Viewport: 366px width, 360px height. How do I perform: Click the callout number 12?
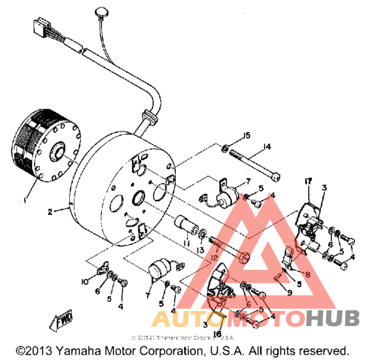(x=213, y=258)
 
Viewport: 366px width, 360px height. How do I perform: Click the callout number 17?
(x=308, y=180)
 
